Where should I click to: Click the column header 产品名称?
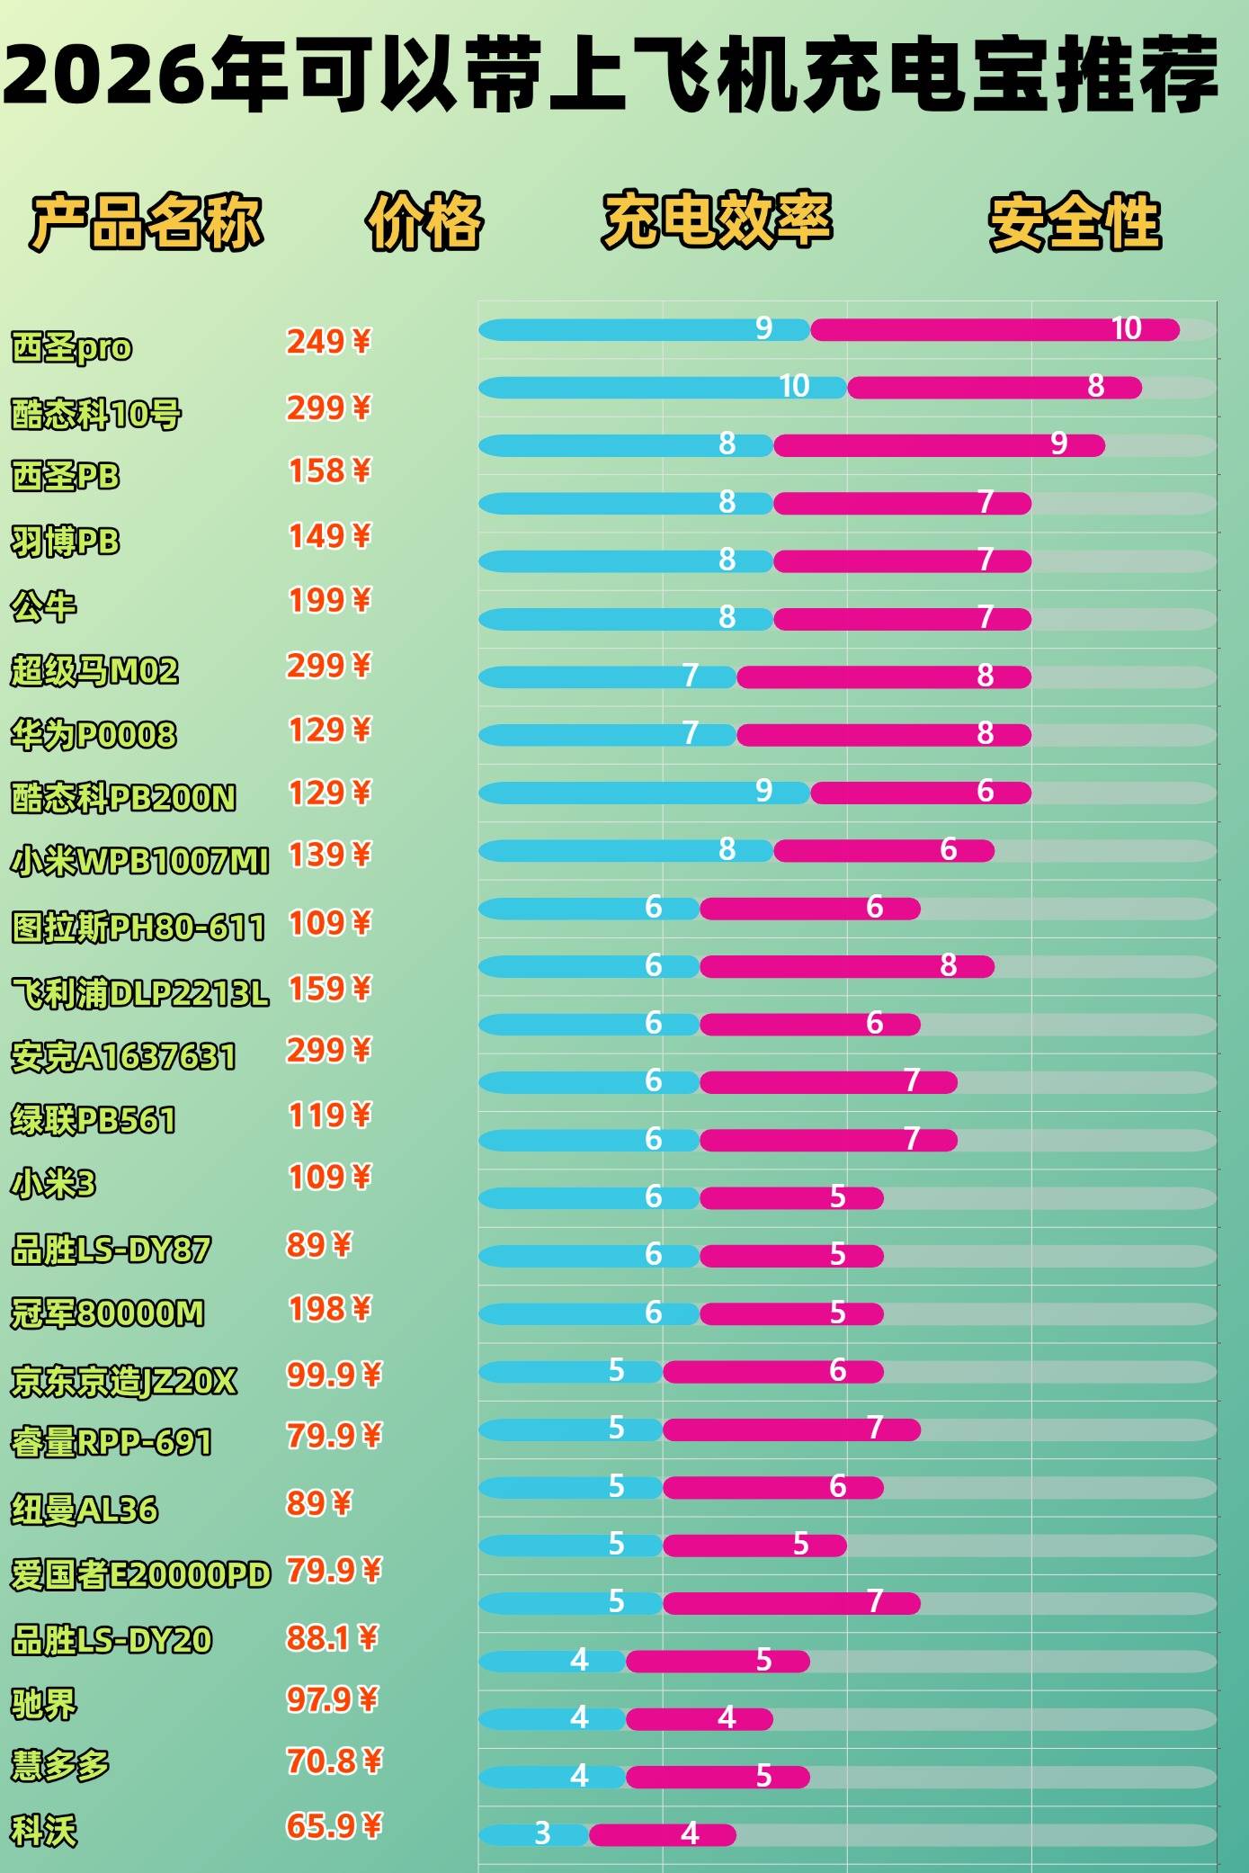[x=147, y=221]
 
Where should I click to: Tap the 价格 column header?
[x=424, y=221]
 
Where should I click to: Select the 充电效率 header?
[x=717, y=220]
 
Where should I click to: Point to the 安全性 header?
[x=1075, y=221]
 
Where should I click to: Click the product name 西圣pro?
[x=71, y=347]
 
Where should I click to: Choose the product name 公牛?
[x=43, y=606]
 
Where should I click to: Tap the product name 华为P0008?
[x=94, y=735]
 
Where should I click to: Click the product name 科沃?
[x=43, y=1831]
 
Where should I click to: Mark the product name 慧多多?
[x=59, y=1765]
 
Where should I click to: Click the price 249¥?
[x=328, y=342]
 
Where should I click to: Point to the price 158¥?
[x=328, y=470]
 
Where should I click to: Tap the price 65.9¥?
[x=334, y=1825]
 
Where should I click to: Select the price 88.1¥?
[x=333, y=1637]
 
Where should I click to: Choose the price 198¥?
[x=328, y=1309]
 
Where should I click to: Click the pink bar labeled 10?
[x=994, y=330]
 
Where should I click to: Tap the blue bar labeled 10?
[x=662, y=388]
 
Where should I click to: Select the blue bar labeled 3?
[x=532, y=1834]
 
